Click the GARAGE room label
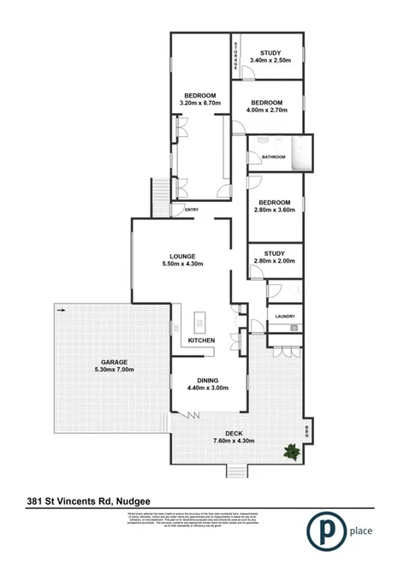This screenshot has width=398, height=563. tap(115, 362)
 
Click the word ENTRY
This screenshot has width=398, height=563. tap(191, 210)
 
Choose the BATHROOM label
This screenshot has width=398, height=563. tap(274, 157)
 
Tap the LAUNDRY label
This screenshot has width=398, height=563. tap(285, 317)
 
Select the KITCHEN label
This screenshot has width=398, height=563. tap(201, 341)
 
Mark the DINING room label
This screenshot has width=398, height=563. tap(207, 380)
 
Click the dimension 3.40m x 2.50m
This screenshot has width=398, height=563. tap(270, 60)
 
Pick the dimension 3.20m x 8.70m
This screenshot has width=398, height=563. tap(200, 103)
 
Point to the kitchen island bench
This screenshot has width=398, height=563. tap(199, 322)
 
